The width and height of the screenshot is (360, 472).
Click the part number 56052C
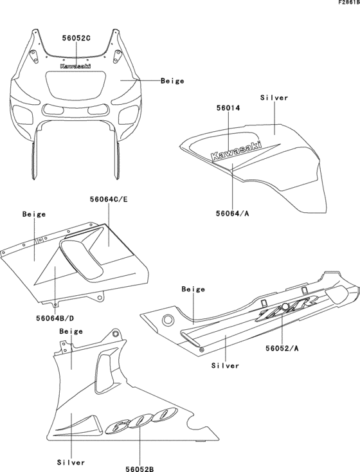76,39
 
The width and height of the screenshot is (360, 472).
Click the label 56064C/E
109,200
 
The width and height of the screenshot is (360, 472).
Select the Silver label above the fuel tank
274,98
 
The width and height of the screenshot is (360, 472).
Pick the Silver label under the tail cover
225,365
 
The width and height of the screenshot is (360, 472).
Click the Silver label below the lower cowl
71,462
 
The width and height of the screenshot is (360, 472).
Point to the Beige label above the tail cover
194,289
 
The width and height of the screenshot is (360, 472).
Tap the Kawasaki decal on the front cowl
75,66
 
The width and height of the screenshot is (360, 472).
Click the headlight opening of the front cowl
75,84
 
